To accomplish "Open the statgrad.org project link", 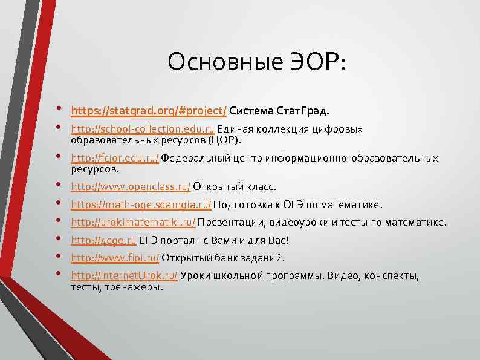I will pyautogui.click(x=149, y=111).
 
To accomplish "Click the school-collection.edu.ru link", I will pyautogui.click(x=143, y=129).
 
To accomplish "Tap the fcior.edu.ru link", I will pyautogui.click(x=115, y=158).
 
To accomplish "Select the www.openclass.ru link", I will pyautogui.click(x=131, y=186).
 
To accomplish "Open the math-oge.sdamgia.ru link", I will pyautogui.click(x=141, y=204).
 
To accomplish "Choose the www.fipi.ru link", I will pyautogui.click(x=115, y=258).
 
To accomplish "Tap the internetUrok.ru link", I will pyautogui.click(x=124, y=276).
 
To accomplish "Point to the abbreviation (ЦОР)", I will pyautogui.click(x=224, y=140).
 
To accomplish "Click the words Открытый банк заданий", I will pyautogui.click(x=222, y=258).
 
